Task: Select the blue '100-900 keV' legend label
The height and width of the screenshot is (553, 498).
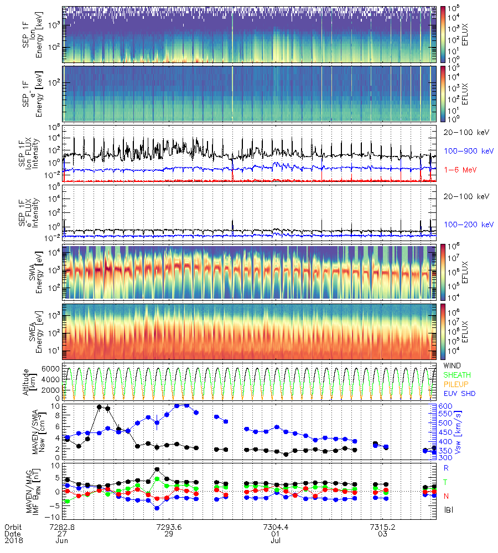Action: point(465,150)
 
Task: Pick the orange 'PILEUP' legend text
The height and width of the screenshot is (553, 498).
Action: point(456,384)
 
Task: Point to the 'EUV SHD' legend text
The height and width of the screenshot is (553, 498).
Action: point(459,393)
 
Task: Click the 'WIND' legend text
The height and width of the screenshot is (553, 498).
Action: point(453,366)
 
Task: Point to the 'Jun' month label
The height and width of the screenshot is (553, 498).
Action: point(62,541)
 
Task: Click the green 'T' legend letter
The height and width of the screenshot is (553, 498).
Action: point(447,482)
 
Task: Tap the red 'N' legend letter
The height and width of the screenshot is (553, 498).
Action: point(447,495)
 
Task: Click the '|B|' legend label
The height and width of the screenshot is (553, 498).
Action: point(448,509)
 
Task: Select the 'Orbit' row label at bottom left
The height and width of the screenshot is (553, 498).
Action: point(13,526)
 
